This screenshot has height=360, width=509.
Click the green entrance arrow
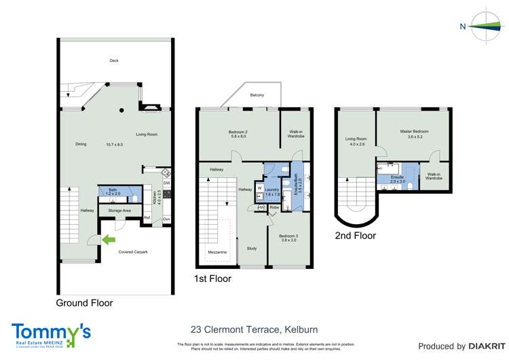click(x=109, y=238)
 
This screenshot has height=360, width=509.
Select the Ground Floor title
click(x=84, y=303)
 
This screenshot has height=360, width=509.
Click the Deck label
click(x=114, y=60)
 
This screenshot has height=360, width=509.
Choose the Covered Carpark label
click(x=133, y=252)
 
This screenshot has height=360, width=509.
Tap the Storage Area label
click(x=119, y=211)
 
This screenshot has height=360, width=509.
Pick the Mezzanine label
click(x=217, y=252)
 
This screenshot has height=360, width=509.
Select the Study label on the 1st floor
click(x=252, y=248)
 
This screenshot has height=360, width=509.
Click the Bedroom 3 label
click(x=289, y=237)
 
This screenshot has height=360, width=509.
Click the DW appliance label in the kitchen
click(x=166, y=183)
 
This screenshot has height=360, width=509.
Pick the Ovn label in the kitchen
click(x=166, y=218)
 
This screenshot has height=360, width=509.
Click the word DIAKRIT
click(x=474, y=346)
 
